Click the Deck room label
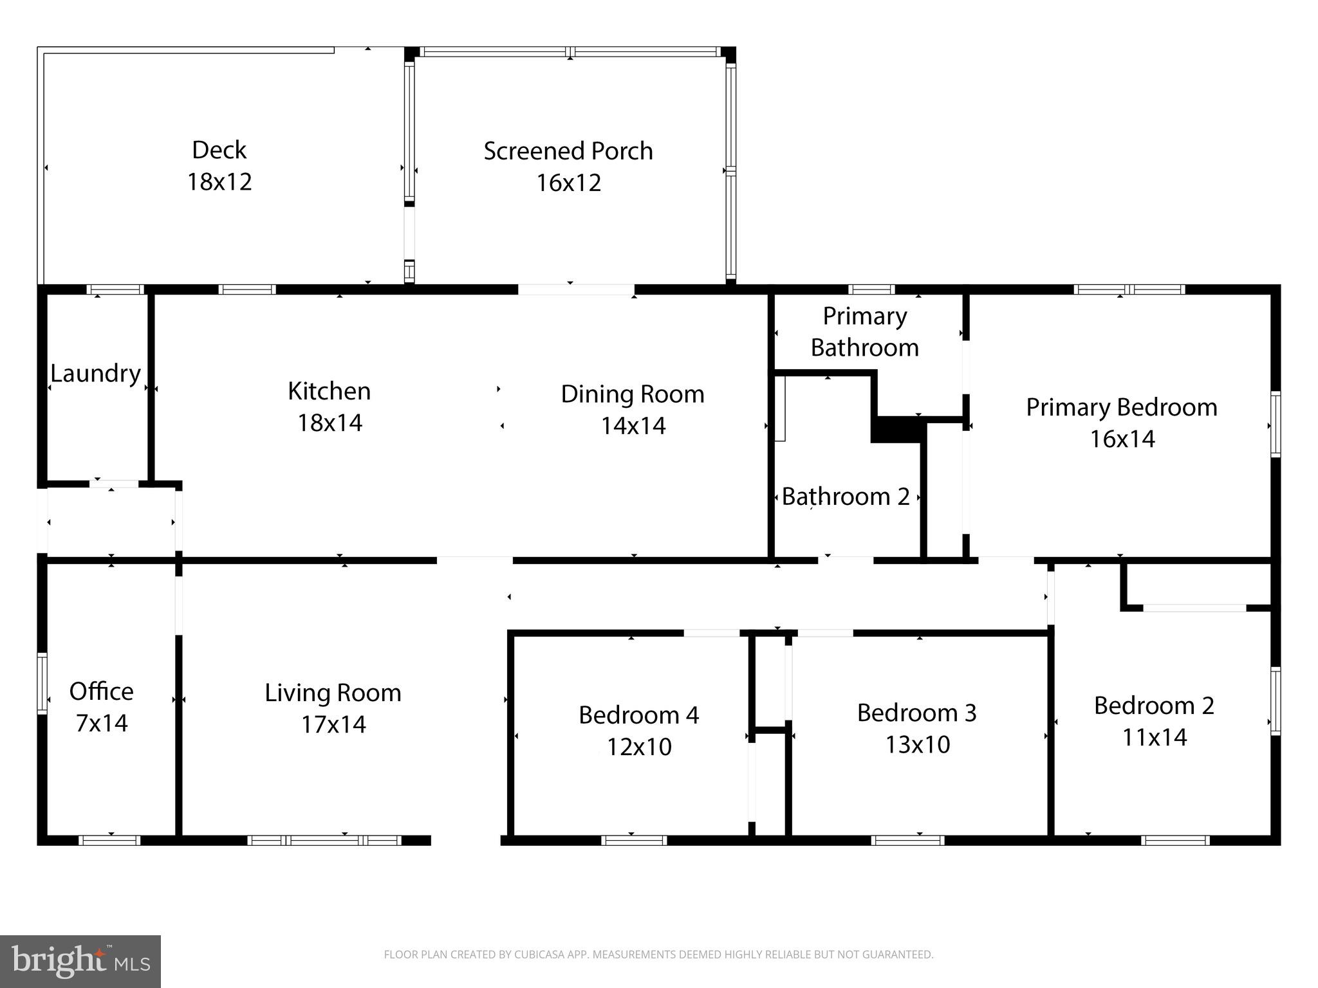point(219,150)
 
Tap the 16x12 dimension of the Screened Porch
point(568,183)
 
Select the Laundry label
point(95,373)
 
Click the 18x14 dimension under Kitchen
point(329,423)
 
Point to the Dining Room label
point(633,394)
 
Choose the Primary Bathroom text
point(864,332)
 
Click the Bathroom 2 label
point(846,497)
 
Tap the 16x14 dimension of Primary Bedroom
point(1122,439)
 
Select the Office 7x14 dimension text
point(102,723)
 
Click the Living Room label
point(333,693)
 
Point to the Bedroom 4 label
point(638,715)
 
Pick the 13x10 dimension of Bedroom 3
point(917,744)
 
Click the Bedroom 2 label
point(1154,706)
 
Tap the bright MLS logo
point(80,961)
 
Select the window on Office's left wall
point(42,683)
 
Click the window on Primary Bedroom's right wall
point(1275,424)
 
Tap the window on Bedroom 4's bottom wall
point(633,840)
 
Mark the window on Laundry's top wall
point(115,289)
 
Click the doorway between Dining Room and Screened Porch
point(576,289)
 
